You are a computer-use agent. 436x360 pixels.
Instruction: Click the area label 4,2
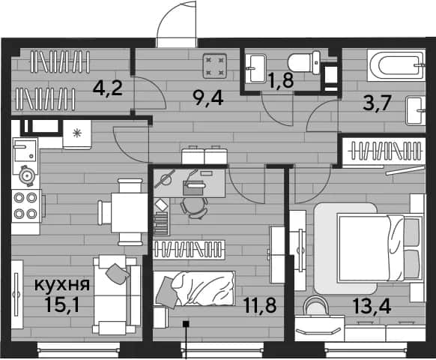(108, 88)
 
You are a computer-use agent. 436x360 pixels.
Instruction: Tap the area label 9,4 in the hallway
(208, 98)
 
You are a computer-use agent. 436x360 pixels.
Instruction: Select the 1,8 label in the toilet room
(281, 80)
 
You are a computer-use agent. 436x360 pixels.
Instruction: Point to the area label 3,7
(377, 103)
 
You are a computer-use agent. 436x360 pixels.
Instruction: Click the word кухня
(62, 284)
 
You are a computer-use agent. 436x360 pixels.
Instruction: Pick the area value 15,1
(62, 304)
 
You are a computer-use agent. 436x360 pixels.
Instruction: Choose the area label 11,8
(259, 305)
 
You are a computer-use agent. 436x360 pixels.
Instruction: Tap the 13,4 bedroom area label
(372, 306)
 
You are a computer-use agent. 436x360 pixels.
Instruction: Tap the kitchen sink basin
(25, 151)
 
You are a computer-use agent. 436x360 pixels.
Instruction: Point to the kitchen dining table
(130, 212)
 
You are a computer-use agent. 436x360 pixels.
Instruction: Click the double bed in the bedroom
(379, 247)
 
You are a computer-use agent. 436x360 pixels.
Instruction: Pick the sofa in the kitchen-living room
(117, 295)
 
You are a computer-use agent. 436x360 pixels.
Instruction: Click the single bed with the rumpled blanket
(194, 289)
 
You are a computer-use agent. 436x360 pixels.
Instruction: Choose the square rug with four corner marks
(215, 66)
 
